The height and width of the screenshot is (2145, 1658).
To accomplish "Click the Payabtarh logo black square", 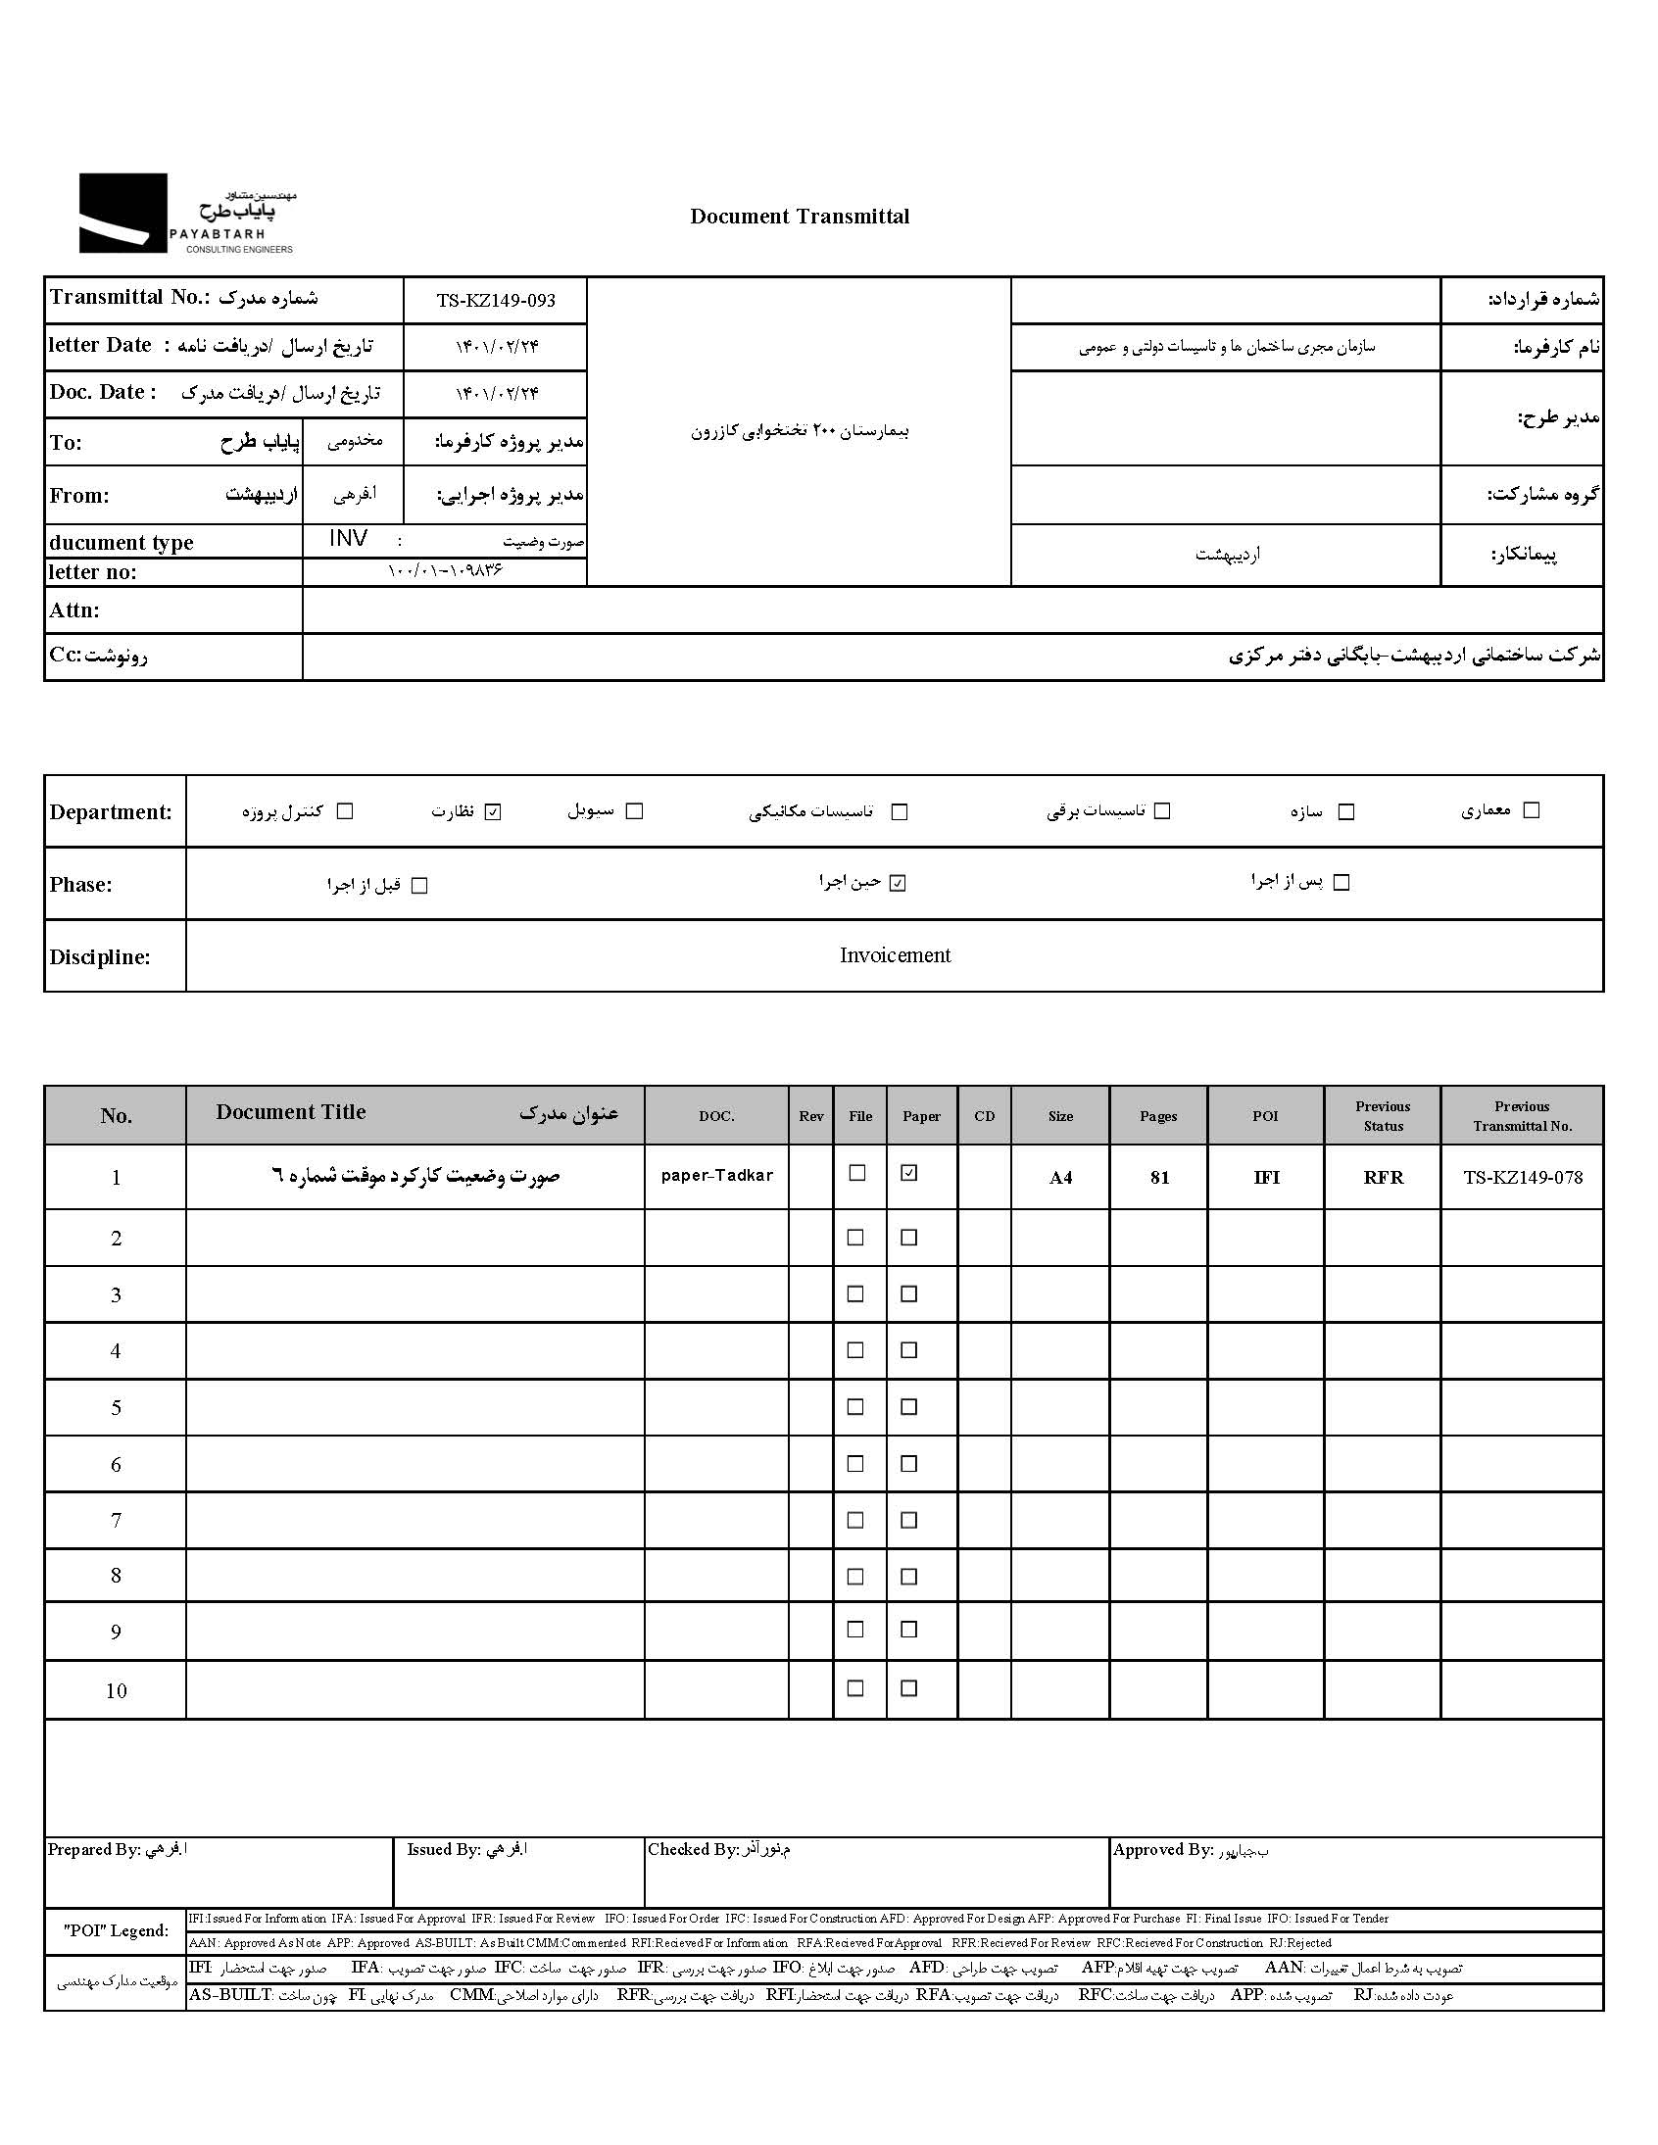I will coord(122,213).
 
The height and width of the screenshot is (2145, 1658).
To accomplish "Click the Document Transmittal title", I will coord(800,217).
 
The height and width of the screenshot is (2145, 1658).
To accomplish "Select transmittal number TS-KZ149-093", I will coord(496,301).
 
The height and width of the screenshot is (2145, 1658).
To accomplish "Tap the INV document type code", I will coord(349,538).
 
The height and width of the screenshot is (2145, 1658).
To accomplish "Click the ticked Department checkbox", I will coord(493,811).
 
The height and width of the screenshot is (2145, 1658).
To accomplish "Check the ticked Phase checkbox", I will coord(898,883).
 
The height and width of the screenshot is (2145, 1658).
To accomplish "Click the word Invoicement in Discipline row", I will coord(895,955).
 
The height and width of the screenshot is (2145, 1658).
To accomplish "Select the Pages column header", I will coord(1158,1116).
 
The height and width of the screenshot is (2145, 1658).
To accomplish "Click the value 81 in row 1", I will coord(1159,1177).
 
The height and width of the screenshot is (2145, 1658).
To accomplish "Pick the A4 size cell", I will coord(1060,1177).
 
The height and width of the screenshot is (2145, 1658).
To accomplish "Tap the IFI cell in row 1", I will coord(1266,1177).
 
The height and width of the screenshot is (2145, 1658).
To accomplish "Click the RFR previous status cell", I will coord(1383,1177).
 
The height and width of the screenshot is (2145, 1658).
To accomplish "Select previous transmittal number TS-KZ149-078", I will coord(1523,1177).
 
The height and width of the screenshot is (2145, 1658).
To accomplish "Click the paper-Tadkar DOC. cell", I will coord(717,1175).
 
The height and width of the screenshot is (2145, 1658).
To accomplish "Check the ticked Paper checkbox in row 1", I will coord(909,1173).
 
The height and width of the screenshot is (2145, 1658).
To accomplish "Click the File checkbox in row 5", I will coord(855,1406).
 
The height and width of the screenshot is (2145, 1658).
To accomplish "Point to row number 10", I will coord(116,1690).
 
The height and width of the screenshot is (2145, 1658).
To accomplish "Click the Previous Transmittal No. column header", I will coord(1522,1116).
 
